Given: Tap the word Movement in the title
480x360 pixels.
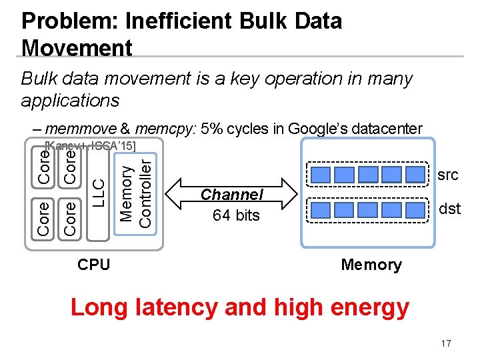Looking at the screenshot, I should point(77,48).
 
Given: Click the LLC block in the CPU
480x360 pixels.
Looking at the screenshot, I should point(97,191).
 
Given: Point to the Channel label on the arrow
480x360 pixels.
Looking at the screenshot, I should point(232,195).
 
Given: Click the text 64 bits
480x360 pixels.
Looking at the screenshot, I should point(235,215).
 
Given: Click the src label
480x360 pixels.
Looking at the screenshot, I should point(448,175).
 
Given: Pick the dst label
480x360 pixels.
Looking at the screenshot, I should point(449,209).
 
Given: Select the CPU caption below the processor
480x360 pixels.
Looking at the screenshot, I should point(94,264).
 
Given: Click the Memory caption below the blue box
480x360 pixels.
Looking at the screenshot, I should point(371,265).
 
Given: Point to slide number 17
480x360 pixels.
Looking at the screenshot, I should point(446,343).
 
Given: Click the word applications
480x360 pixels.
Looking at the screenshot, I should point(71,101).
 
